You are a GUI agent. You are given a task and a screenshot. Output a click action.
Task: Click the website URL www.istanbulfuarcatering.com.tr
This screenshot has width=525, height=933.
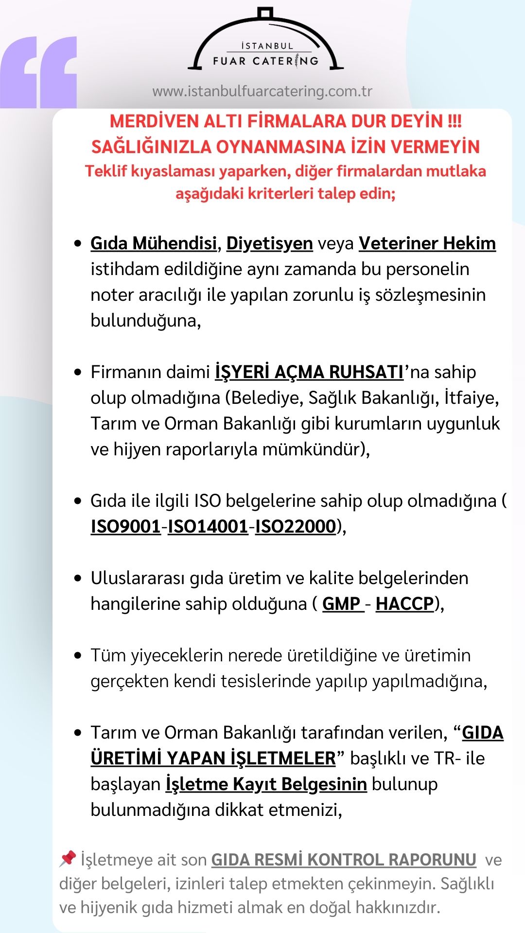(x=262, y=91)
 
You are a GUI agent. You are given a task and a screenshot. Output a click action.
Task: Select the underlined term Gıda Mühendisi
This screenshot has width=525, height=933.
(x=153, y=243)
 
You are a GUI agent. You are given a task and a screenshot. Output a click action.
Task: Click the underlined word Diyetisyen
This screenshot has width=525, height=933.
(x=269, y=243)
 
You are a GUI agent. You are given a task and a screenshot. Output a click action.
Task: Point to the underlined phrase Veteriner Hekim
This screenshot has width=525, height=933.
(x=427, y=243)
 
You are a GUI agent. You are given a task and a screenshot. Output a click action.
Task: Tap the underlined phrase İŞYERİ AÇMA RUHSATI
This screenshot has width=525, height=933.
(x=309, y=372)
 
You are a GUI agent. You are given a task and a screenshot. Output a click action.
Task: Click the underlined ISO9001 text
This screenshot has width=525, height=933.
(x=125, y=526)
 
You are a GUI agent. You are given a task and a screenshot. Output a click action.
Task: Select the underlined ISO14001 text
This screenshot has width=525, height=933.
(x=208, y=526)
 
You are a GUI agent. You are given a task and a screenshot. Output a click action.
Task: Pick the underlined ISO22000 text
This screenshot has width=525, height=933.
(x=296, y=526)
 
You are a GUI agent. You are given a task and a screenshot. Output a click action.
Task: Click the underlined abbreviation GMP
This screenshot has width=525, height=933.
(x=342, y=604)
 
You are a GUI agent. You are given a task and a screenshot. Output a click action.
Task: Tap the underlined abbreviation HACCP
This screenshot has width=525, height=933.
(x=404, y=604)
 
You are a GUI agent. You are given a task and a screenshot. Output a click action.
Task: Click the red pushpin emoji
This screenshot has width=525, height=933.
(x=68, y=858)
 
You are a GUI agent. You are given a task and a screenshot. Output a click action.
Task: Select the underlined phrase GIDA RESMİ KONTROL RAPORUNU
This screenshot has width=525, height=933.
(x=344, y=859)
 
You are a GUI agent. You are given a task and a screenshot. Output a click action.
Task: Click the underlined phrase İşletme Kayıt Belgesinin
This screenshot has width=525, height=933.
(x=266, y=784)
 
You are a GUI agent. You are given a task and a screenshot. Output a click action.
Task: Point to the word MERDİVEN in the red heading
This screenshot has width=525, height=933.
(x=154, y=121)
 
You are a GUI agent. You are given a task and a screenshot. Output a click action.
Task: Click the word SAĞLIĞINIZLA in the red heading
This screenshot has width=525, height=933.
(x=151, y=146)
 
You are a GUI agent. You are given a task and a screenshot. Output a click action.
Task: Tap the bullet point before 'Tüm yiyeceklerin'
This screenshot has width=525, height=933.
(x=78, y=656)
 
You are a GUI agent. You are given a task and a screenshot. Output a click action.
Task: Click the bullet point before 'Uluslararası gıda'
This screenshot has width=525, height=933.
(x=78, y=578)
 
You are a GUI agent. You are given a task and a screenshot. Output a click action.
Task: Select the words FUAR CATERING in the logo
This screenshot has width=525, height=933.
(x=265, y=61)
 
